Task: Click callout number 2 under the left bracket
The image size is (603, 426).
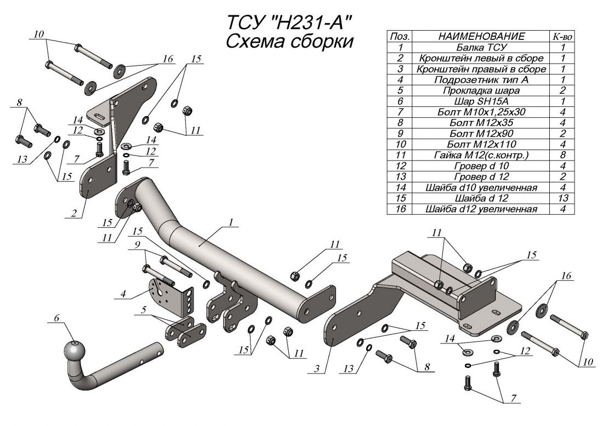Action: tap(73, 214)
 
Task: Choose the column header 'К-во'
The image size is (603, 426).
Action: tap(562, 36)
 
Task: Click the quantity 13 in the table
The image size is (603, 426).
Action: tap(562, 198)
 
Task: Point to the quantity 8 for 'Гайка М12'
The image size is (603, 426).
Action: tap(562, 155)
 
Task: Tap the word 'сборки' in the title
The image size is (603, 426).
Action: tap(316, 42)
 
